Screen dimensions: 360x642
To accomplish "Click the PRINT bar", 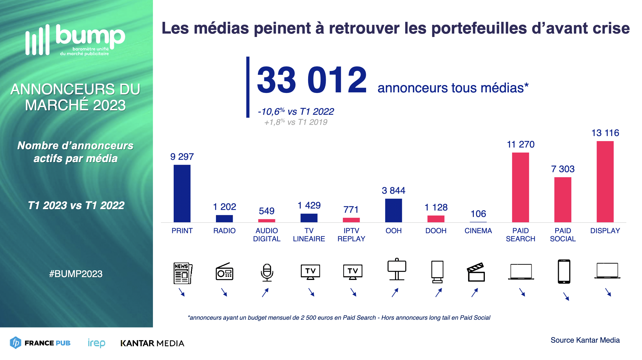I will tap(182, 193).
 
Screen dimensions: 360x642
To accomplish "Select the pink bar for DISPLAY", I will tap(605, 182).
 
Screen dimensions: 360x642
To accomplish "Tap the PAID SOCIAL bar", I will tap(563, 200).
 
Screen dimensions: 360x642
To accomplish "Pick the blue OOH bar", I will tap(393, 211).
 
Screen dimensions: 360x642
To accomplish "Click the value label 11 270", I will tap(521, 144).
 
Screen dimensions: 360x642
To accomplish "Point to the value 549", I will tap(266, 211).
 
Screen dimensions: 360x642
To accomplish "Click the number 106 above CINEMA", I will tap(478, 214).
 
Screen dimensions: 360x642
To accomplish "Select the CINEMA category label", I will tap(478, 231).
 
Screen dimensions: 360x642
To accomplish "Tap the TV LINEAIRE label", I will tap(309, 235).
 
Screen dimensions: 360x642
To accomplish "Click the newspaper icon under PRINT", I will tap(183, 273).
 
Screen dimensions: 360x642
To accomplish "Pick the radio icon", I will tap(224, 272).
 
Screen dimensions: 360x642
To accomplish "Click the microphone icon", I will tap(267, 272).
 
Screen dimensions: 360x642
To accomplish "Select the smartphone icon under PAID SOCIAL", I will tap(564, 272).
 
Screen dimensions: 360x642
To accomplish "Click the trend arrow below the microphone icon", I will tap(265, 293).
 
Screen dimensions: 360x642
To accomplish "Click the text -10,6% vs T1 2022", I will tap(296, 112).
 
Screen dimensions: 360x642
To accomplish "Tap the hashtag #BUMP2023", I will tap(76, 274).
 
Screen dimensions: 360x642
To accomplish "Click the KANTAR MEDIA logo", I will tap(152, 343).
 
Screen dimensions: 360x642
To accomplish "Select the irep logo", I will tap(96, 343).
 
